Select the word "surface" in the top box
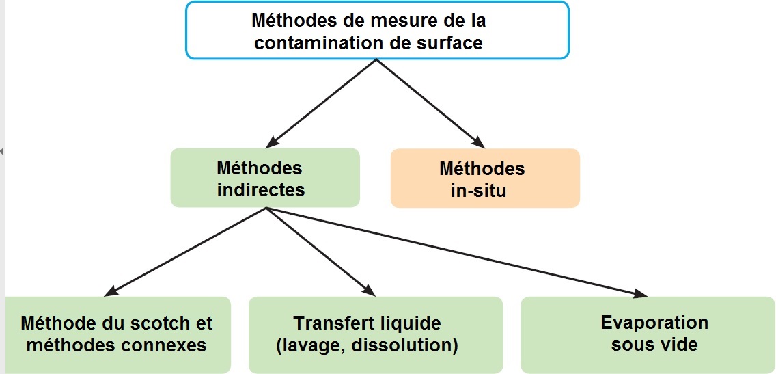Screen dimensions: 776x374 pyautogui.click(x=452, y=42)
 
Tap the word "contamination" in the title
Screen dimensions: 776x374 pyautogui.click(x=317, y=42)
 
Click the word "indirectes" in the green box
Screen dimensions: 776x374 pyautogui.click(x=260, y=189)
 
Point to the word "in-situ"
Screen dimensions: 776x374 pyautogui.click(x=479, y=190)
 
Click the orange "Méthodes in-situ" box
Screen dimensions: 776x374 pyautogui.click(x=485, y=178)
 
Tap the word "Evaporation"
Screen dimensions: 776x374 pyautogui.click(x=654, y=323)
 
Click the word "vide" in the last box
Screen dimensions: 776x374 pyautogui.click(x=679, y=344)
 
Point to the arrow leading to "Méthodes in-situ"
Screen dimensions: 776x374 pyautogui.click(x=431, y=103)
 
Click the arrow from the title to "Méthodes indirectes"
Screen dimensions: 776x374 pyautogui.click(x=321, y=103)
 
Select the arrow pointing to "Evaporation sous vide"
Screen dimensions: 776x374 pyautogui.click(x=457, y=252)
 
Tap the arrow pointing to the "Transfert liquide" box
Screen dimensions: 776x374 pyautogui.click(x=320, y=252)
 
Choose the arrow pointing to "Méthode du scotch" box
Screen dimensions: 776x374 pyautogui.click(x=185, y=252)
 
